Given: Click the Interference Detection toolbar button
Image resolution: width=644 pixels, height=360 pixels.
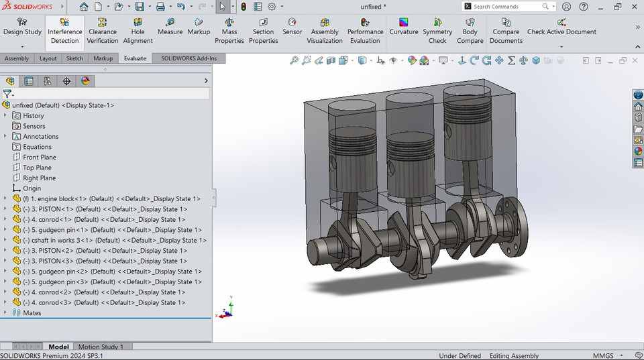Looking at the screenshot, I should click(x=64, y=32).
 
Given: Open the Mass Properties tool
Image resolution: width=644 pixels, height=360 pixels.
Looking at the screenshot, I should click(x=229, y=32).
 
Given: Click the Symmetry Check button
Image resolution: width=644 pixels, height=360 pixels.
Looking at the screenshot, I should click(x=437, y=32).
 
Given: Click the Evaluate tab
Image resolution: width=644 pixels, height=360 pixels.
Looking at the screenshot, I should click(x=135, y=58).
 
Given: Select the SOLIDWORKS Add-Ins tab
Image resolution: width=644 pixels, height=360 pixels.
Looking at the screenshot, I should click(x=189, y=58).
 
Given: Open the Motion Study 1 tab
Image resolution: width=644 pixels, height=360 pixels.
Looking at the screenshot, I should click(x=101, y=347).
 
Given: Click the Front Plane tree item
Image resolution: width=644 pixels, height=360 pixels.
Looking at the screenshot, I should click(x=40, y=157).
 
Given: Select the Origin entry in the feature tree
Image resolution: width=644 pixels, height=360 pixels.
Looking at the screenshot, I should click(x=32, y=188).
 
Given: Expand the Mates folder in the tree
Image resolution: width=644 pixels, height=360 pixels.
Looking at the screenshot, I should click(x=5, y=312).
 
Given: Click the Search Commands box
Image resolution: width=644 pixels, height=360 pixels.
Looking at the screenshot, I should click(x=506, y=7).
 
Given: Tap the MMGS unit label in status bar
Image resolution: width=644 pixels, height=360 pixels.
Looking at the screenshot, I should click(x=602, y=355).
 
